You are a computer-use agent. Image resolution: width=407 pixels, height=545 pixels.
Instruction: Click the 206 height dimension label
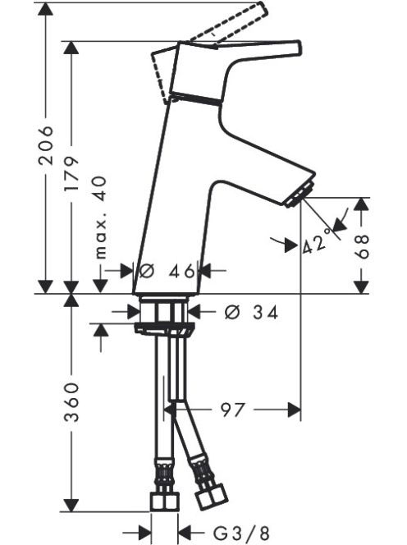point(45,144)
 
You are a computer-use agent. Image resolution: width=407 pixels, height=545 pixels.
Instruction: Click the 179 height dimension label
point(71,175)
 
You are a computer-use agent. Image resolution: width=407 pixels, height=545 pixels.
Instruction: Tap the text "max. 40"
point(100,218)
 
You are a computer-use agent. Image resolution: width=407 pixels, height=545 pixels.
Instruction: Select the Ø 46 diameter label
point(167,271)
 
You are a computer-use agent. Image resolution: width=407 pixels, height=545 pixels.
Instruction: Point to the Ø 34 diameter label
point(251,313)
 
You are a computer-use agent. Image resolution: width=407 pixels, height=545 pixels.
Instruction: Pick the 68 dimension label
point(362,246)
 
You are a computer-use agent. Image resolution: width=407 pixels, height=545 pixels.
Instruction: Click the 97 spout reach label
point(232,410)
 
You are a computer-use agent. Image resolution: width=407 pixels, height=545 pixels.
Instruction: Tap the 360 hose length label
point(71,402)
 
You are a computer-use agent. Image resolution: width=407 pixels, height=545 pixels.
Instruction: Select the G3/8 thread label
point(241,533)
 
